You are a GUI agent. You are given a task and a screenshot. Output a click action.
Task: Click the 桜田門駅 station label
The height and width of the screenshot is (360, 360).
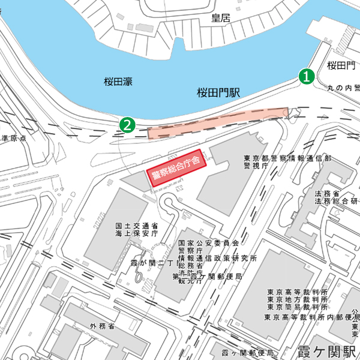[x=218, y=92]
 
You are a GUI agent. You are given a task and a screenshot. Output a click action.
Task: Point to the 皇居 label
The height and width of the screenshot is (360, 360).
[x=221, y=18]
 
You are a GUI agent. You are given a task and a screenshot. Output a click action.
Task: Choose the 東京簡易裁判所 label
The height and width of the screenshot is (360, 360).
[x=298, y=308]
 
